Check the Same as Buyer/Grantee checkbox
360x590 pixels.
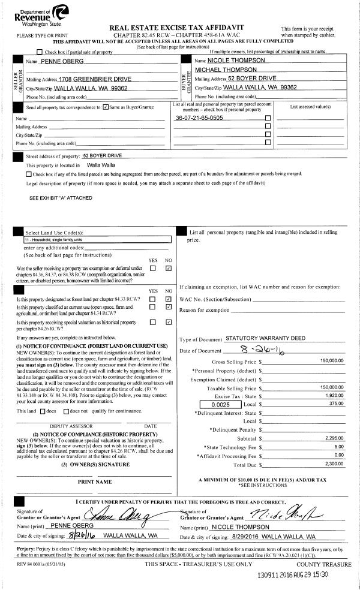(x=106, y=107)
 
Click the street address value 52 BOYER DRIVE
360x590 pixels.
(x=102, y=156)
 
